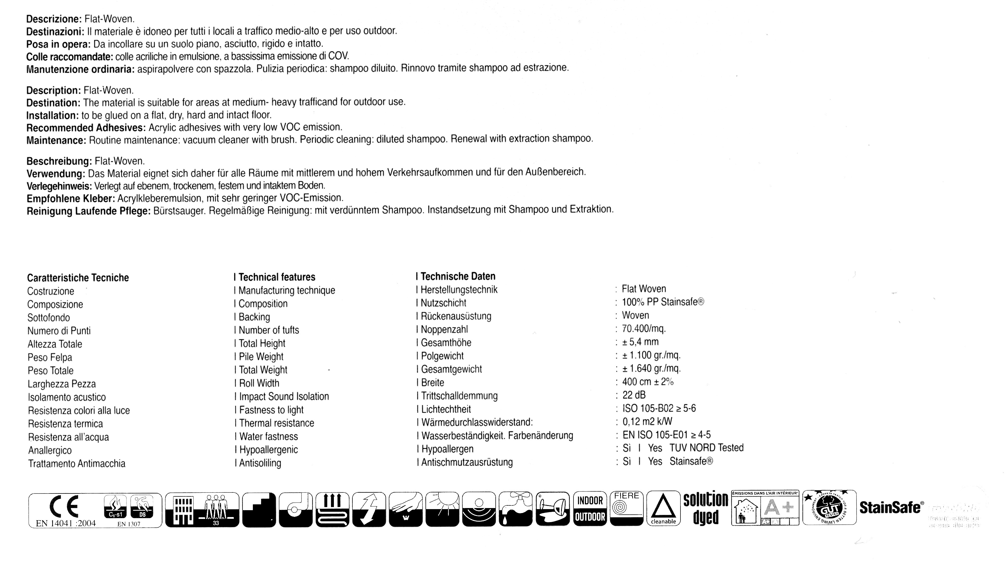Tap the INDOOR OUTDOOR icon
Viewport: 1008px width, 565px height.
tap(590, 509)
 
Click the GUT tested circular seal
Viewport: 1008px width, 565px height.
tap(829, 508)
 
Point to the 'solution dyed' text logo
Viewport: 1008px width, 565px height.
tap(706, 508)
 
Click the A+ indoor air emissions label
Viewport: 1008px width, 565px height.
tap(765, 508)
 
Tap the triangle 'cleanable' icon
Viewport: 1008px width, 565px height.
tap(663, 508)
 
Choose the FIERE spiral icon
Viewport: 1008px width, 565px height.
tap(626, 508)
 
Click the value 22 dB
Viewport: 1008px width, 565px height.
tap(634, 395)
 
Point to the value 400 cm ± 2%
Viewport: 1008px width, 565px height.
tap(648, 382)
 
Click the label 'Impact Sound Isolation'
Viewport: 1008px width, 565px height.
tap(284, 396)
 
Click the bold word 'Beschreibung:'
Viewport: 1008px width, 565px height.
tap(59, 161)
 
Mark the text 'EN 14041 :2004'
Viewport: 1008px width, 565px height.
tap(66, 523)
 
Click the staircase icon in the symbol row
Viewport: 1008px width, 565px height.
tap(259, 509)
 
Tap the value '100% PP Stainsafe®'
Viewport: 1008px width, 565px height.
tap(663, 302)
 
